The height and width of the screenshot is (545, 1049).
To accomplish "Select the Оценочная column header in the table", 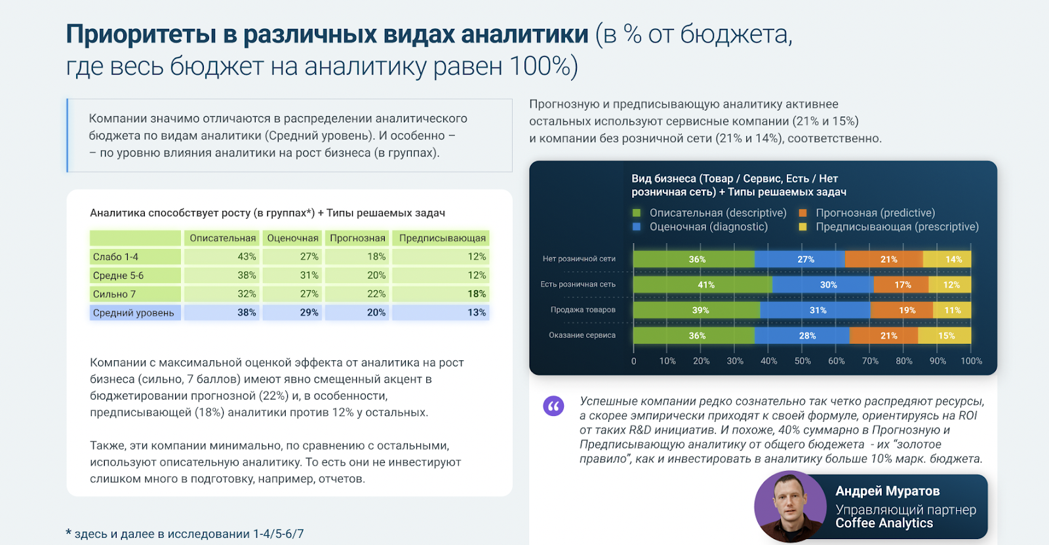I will [292, 238].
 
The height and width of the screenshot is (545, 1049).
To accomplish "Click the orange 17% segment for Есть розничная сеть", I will [902, 285].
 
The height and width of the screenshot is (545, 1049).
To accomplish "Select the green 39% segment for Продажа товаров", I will [700, 310].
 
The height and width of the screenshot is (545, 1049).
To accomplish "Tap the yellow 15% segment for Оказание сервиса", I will [946, 336].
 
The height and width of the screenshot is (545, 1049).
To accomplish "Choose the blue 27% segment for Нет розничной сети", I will [805, 259].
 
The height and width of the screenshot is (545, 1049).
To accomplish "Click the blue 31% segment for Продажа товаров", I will [818, 310].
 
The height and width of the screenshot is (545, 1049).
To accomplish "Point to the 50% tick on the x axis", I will [802, 361].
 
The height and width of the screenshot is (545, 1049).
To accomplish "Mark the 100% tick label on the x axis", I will [971, 361].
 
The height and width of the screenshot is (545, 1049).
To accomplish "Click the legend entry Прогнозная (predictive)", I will [875, 213].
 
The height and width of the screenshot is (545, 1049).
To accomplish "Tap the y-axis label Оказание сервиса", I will [582, 335].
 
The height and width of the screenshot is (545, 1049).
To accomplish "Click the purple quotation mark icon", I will [553, 406].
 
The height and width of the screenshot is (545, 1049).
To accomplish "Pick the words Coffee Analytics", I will [884, 523].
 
